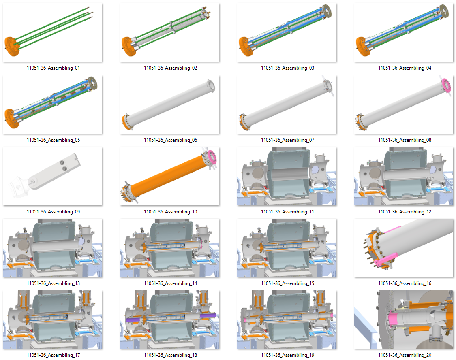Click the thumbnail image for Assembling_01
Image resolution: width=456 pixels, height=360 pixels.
53,33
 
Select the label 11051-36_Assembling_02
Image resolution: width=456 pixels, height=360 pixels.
170,68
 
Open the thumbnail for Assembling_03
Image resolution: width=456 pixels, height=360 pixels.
287,33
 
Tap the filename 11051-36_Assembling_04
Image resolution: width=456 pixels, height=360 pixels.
405,68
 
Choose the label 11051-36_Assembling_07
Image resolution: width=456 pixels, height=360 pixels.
287,140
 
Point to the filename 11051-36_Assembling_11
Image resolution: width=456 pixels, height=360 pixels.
287,212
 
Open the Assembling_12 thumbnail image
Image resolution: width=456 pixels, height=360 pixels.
405,176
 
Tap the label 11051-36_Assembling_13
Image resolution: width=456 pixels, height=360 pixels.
53,283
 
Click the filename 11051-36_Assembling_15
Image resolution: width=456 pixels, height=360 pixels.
287,283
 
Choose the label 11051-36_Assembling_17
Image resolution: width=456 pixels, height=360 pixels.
53,355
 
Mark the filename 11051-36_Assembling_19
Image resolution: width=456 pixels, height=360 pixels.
287,355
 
